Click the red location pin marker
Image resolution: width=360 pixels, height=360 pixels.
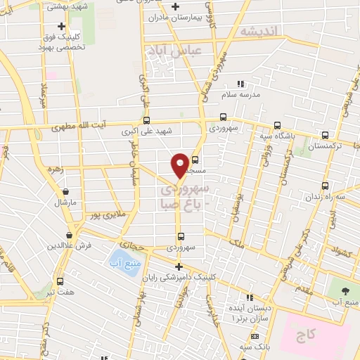tap(180, 165)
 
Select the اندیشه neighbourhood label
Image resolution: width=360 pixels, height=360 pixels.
tap(259, 31)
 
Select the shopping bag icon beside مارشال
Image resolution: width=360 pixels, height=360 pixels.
tap(65, 191)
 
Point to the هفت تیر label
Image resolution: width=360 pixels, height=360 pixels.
tap(59, 292)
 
